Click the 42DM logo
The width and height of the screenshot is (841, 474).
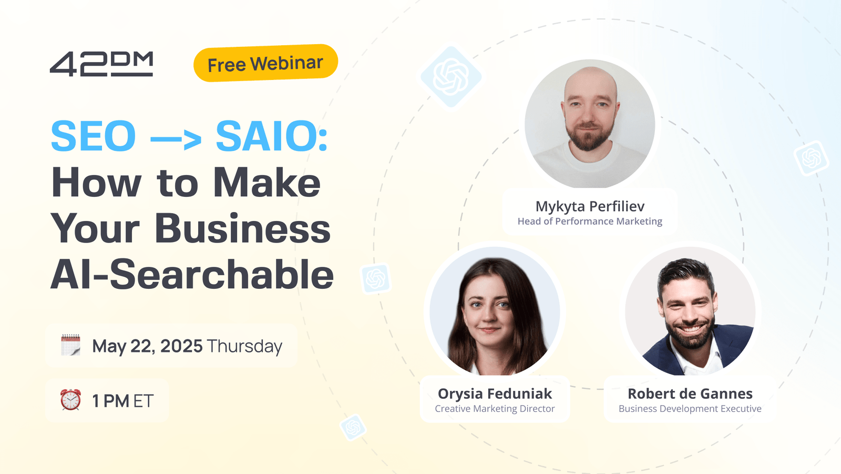tap(101, 64)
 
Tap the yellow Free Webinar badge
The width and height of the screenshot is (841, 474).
tap(265, 64)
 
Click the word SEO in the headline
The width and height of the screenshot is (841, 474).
tap(94, 136)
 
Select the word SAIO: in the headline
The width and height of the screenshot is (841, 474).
tap(271, 136)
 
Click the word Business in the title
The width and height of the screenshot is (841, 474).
tap(242, 229)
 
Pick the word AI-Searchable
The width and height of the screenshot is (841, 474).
tap(192, 275)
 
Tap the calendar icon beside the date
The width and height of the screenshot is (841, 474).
tap(70, 345)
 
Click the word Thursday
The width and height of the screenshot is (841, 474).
tap(244, 346)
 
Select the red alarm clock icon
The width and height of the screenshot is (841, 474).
tap(70, 400)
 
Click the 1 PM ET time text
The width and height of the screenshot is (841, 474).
tap(122, 401)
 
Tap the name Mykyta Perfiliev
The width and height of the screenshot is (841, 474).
tap(590, 206)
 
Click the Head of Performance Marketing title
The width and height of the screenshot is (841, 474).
tap(590, 221)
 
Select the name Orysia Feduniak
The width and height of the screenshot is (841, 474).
tap(495, 394)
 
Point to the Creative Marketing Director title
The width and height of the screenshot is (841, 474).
tap(495, 409)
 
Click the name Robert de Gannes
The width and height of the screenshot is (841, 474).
tap(690, 394)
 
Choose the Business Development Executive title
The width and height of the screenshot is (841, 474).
tap(690, 409)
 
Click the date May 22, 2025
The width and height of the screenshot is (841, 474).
tap(147, 346)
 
